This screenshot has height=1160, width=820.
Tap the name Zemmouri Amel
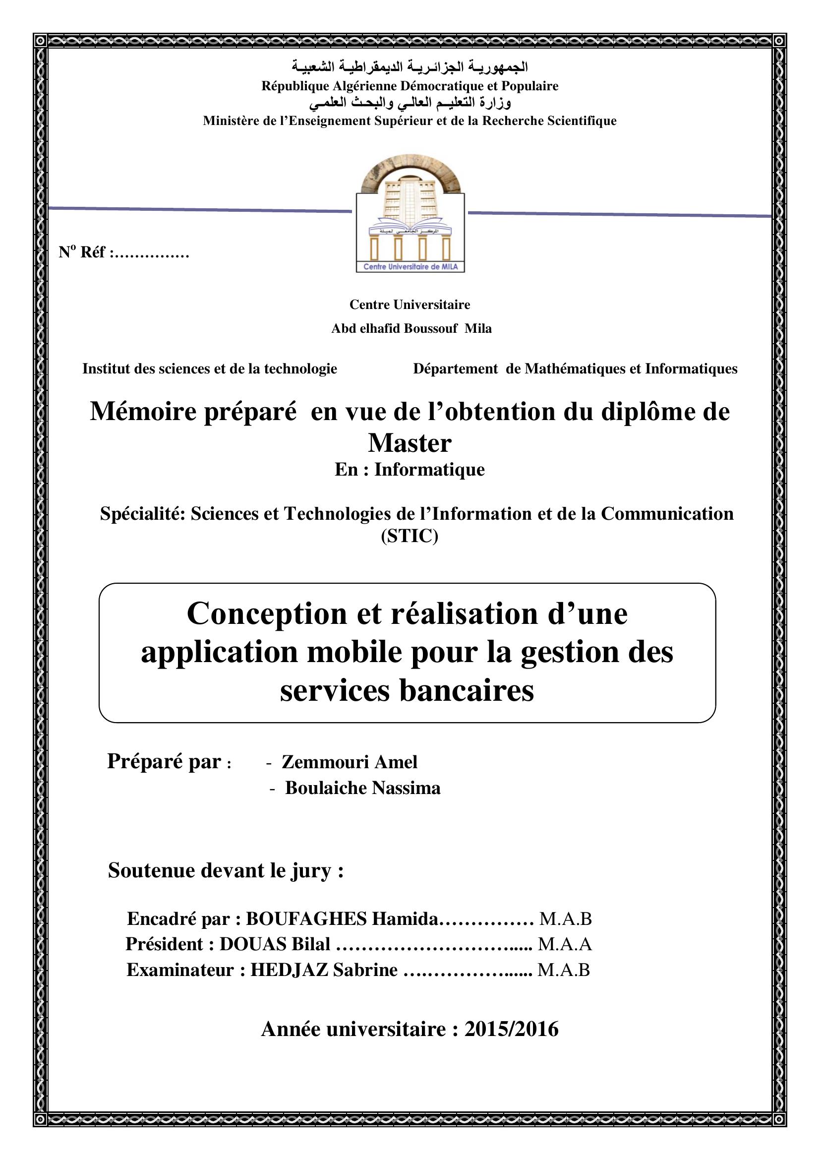tap(350, 762)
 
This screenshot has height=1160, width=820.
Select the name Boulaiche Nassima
tap(362, 788)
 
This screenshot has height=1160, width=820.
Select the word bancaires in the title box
tap(467, 690)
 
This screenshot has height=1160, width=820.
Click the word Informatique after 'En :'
tap(429, 469)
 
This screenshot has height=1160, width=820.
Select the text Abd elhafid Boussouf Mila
tap(411, 328)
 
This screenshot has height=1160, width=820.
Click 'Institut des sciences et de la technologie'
tap(210, 369)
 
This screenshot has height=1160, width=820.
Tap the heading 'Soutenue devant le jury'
tap(225, 870)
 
